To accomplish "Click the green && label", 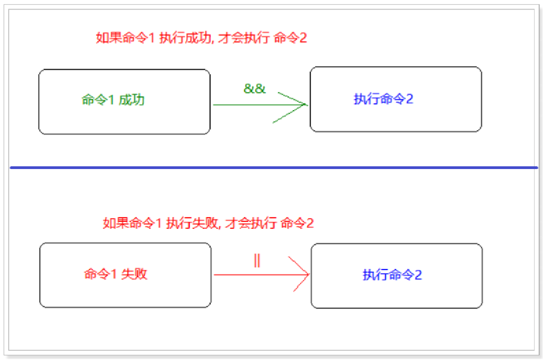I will point(255,89).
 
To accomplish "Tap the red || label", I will point(257,261).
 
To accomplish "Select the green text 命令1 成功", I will point(113,100).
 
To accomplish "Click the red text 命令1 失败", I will point(116,274).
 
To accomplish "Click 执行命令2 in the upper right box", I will point(383,99).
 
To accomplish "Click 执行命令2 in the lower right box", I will point(392,275).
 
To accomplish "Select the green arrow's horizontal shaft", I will point(248,105).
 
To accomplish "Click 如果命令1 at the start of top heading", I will point(125,38).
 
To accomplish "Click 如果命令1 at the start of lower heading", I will point(132,224).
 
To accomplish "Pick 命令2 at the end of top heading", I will point(290,38).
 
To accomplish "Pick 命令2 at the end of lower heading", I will point(297,224).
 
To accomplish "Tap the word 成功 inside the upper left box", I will point(132,100).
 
